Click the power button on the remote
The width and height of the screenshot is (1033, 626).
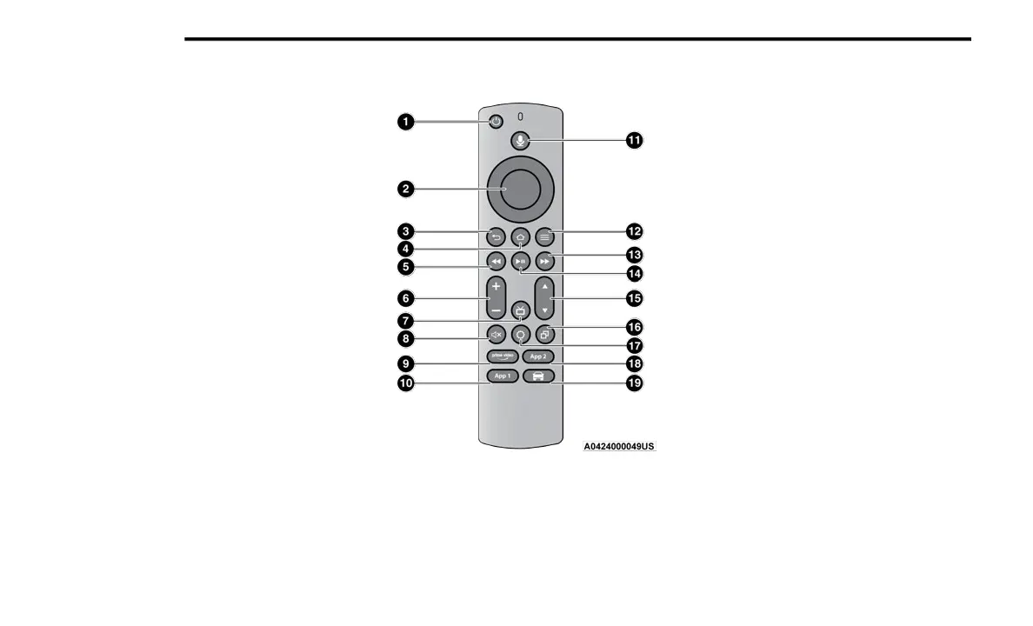pos(495,122)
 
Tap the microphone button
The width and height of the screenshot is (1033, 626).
pos(520,140)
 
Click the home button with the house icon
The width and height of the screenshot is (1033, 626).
pos(520,236)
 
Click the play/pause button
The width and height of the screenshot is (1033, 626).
pos(520,261)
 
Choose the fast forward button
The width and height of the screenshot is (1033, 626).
pos(545,261)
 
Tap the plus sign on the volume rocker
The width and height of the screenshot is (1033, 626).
pos(495,286)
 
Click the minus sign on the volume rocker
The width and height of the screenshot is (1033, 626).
pos(495,310)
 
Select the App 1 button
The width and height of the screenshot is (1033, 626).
pos(502,376)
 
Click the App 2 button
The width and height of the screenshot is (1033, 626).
pos(538,356)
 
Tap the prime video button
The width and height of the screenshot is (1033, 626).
pos(502,356)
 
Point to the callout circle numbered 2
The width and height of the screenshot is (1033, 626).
pos(405,189)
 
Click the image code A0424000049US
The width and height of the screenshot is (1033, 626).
pos(619,446)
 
